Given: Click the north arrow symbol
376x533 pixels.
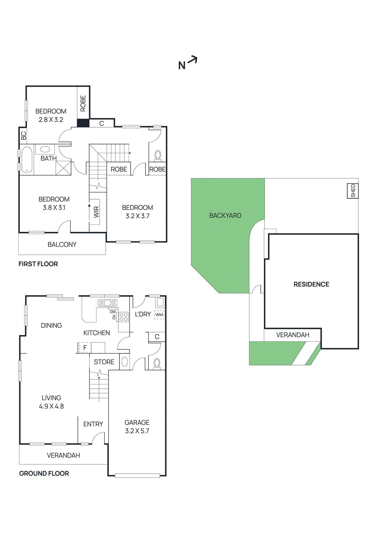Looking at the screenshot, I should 188,63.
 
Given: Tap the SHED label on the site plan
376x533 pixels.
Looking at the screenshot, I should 353,191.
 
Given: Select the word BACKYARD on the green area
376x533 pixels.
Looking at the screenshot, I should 225,216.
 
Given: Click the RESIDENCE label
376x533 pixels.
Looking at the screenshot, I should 311,284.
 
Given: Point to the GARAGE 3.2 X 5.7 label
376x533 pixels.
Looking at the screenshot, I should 137,426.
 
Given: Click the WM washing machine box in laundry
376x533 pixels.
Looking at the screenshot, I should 159,314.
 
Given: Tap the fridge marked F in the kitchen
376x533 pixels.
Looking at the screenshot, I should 85,348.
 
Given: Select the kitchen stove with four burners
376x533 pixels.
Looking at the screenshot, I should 124,317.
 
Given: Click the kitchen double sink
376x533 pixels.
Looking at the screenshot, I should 107,303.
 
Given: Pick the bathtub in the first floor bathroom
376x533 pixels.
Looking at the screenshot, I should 26,160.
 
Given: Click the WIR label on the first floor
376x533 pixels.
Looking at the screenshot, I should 96,212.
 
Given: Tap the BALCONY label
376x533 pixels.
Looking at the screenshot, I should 62,245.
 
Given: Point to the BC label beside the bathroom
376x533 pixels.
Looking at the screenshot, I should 23,136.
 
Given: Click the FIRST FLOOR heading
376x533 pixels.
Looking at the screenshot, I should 38,264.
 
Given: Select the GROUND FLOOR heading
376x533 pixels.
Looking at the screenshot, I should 44,473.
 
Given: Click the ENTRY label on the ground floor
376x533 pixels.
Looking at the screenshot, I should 93,424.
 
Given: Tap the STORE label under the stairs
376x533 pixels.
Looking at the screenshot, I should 104,362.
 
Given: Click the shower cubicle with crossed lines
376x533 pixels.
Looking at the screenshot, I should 63,168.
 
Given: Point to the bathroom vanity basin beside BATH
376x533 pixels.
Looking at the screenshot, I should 45,149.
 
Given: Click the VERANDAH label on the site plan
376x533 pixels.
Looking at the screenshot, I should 293,335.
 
